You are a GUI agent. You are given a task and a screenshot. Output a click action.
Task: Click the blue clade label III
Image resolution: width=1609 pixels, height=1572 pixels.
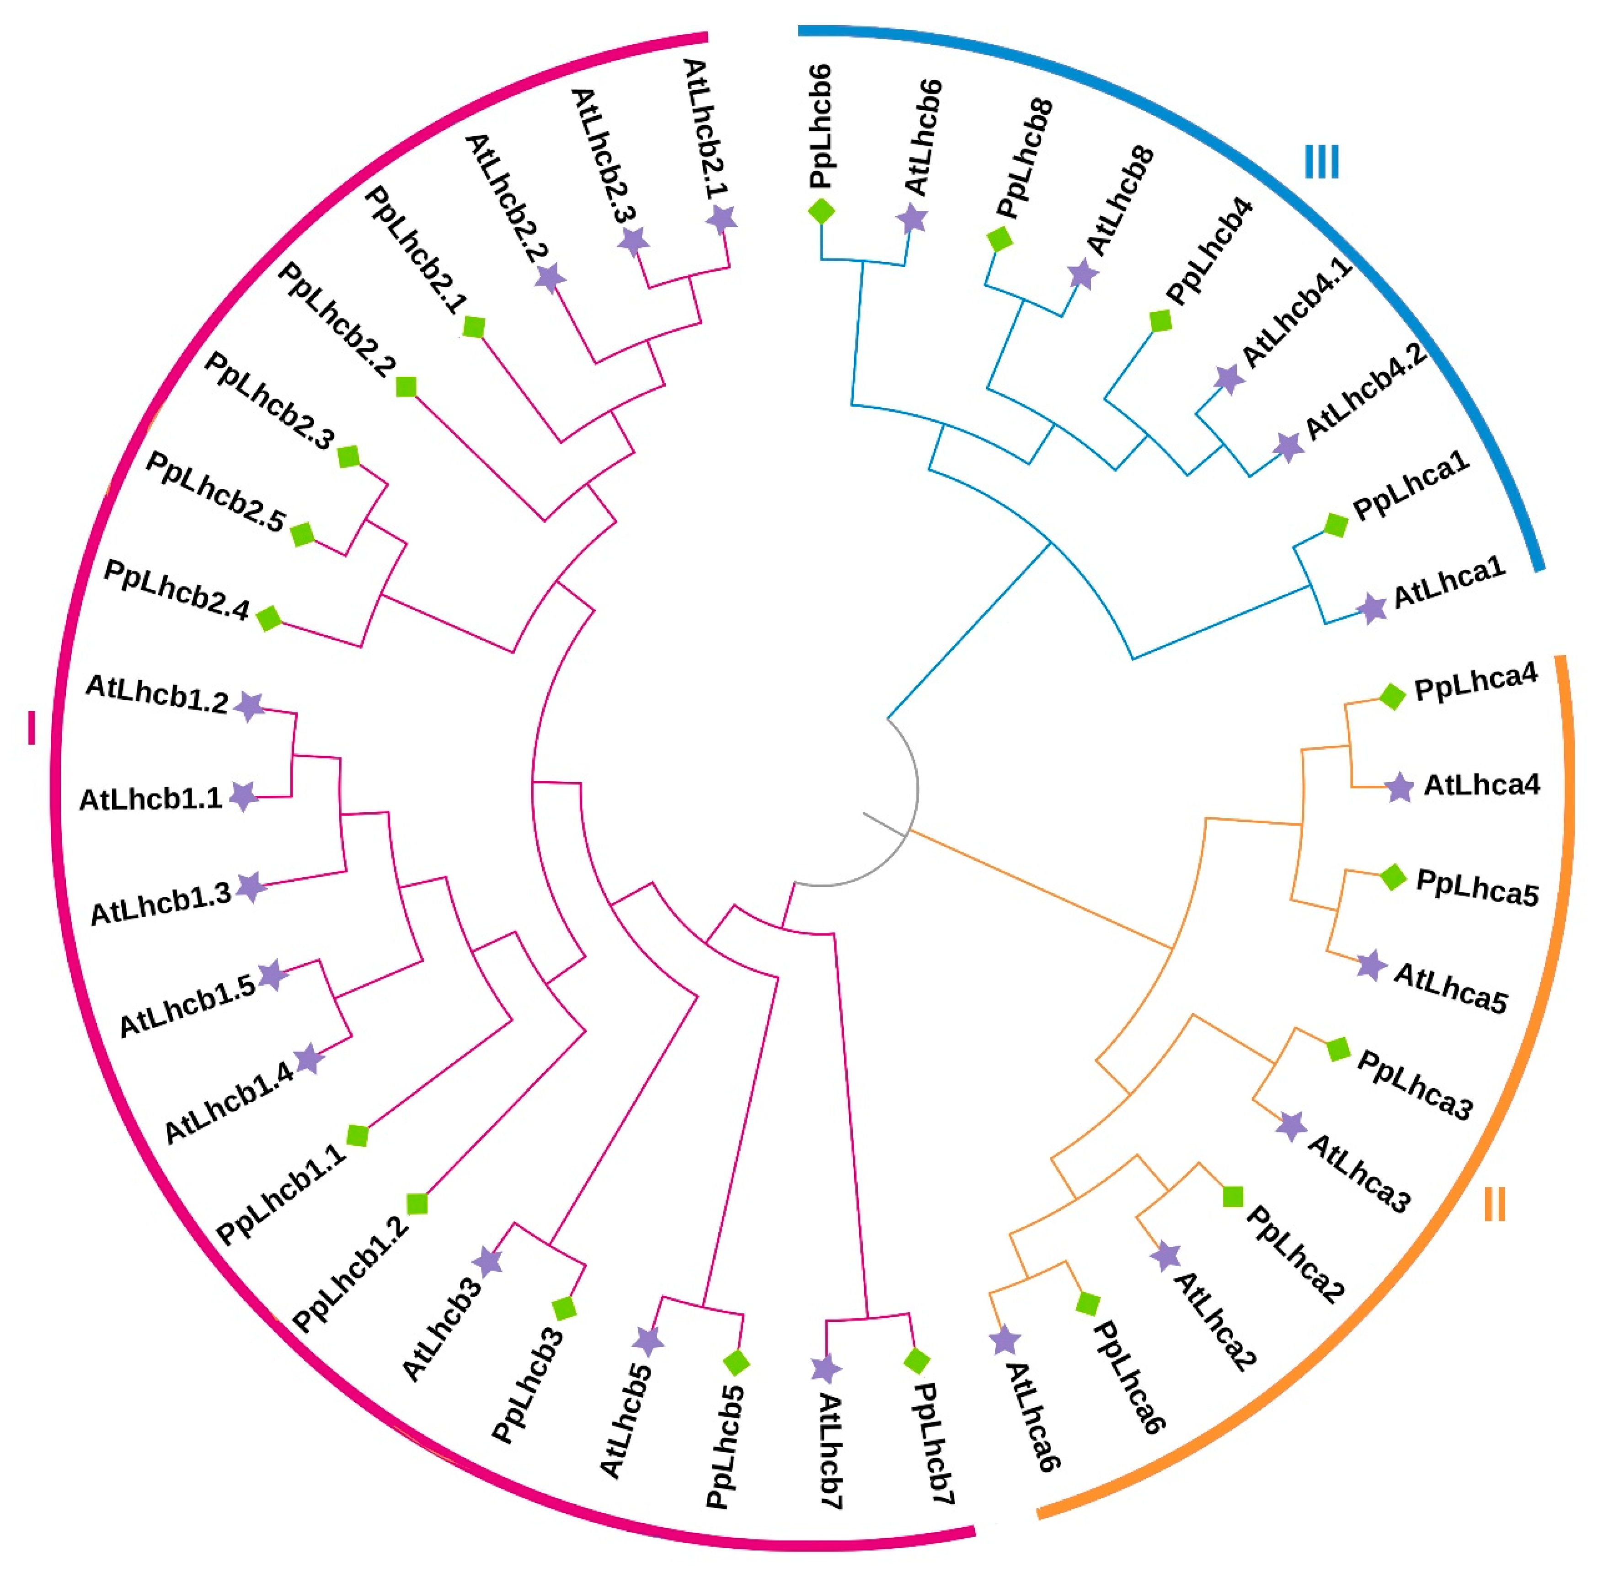[x=1321, y=163]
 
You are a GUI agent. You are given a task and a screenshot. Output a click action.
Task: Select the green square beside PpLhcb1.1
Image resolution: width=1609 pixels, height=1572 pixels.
[x=357, y=1135]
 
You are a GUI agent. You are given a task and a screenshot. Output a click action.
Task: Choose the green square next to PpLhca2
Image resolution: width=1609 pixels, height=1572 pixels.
[x=1233, y=1196]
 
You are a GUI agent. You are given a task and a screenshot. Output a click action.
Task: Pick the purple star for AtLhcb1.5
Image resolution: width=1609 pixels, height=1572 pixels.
[x=273, y=975]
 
